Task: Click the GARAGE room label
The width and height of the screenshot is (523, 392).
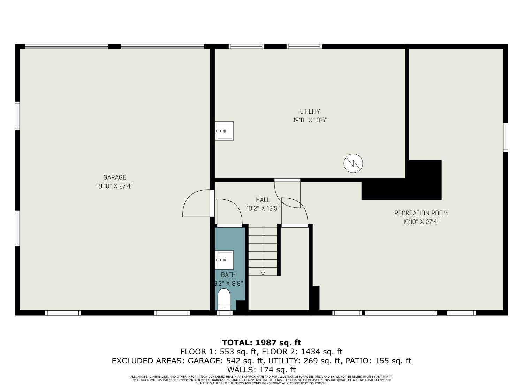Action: (x=114, y=178)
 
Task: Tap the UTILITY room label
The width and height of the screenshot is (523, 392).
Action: (x=310, y=112)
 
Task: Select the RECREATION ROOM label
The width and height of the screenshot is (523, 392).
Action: (x=421, y=213)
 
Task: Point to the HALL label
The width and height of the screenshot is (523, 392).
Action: (x=263, y=200)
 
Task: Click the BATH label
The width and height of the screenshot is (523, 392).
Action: (x=228, y=275)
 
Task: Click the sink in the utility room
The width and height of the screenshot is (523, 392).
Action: (x=224, y=131)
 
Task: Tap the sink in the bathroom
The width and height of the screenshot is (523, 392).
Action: (x=224, y=260)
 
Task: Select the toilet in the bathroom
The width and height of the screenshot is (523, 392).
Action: (x=224, y=300)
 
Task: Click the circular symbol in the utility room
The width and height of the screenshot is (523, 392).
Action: (x=353, y=163)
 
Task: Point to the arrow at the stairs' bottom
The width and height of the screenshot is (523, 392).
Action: (x=263, y=274)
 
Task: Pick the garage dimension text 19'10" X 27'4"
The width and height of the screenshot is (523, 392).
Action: (x=114, y=186)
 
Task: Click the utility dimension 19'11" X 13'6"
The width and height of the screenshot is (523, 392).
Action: (x=310, y=121)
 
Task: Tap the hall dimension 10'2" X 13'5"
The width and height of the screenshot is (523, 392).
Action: (x=263, y=209)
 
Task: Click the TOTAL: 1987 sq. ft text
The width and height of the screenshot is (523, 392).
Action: (x=261, y=343)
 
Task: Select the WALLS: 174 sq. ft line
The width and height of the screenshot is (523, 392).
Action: (x=261, y=370)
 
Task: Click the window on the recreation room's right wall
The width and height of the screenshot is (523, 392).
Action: (x=506, y=137)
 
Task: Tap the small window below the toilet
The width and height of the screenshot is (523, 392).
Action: (x=225, y=313)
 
